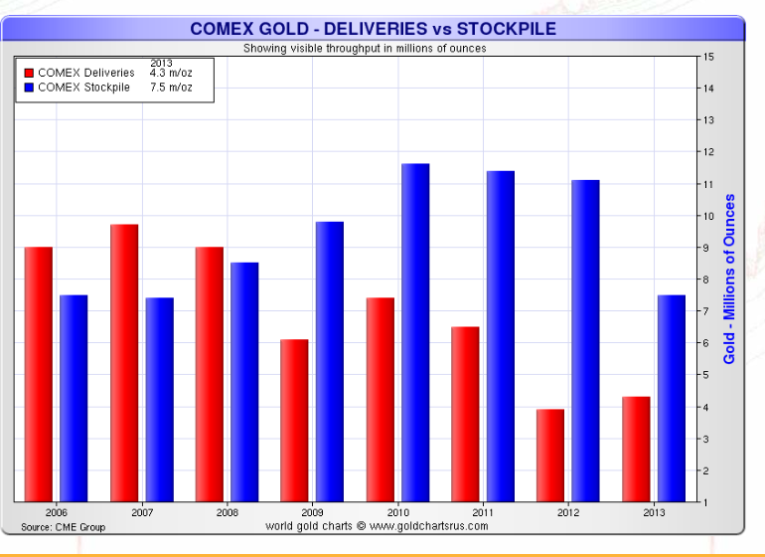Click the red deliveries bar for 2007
coord(124,363)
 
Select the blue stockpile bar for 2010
coord(415,333)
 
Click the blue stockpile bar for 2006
coord(74,398)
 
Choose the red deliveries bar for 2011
coord(465,414)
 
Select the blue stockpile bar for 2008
coord(244,382)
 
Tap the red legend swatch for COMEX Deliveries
coord(29,74)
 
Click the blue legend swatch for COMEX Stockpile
coord(29,88)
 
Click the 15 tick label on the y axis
coord(708,56)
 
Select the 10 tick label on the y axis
coord(708,216)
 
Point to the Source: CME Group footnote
coord(64,527)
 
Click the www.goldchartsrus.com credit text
coord(378,525)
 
